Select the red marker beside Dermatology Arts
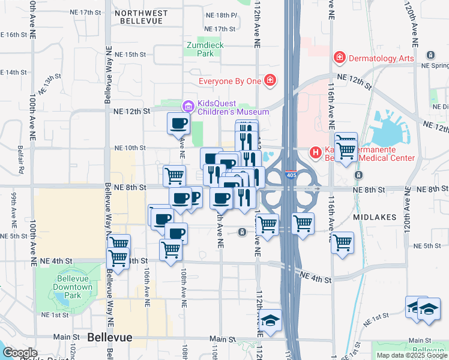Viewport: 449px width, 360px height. tap(340, 58)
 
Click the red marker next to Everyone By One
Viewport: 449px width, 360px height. tap(270, 80)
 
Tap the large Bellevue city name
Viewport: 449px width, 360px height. tap(109, 338)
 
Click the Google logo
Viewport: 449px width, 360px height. tap(20, 353)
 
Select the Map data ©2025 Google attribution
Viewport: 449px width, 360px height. tap(411, 355)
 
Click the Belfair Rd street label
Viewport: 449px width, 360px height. tap(21, 158)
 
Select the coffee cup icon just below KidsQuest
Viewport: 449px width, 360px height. tap(178, 124)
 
